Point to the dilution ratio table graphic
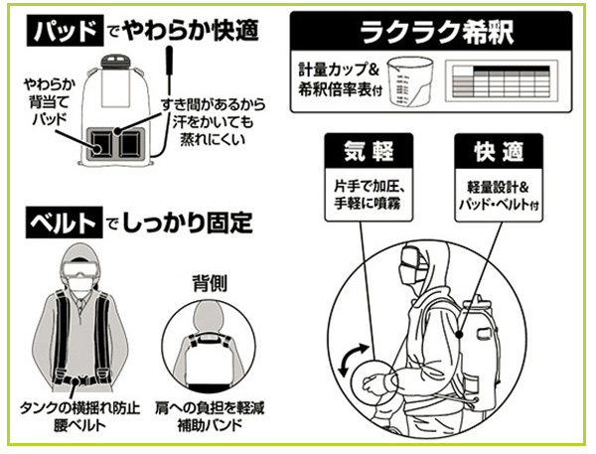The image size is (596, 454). [x=502, y=78]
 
